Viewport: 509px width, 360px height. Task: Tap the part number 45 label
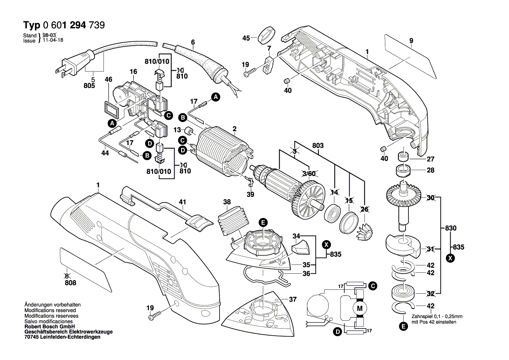tap(246, 38)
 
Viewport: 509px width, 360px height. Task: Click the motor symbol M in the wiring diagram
tap(359, 309)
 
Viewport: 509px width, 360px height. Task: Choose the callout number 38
tap(227, 202)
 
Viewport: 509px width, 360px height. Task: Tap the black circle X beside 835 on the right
tap(451, 258)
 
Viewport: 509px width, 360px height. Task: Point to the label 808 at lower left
tap(70, 283)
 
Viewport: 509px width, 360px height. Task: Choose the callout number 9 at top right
tap(411, 41)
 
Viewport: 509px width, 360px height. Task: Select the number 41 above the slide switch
tap(182, 202)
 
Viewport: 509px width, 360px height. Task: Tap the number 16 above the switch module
tap(133, 71)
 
